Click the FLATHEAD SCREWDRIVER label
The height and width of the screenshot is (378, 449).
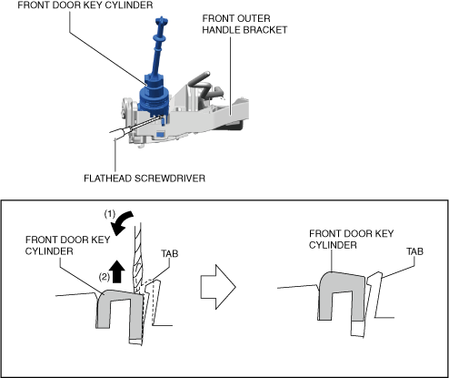(x=145, y=179)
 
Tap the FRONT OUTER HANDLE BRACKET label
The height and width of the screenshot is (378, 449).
(x=244, y=25)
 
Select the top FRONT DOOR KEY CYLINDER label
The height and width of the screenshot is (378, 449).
(x=85, y=5)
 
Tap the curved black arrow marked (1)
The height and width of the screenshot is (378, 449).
(x=121, y=223)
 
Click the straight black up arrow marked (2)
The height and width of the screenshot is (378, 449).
(x=118, y=271)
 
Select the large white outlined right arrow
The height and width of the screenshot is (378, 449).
(x=218, y=287)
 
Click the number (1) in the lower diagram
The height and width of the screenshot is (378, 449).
(x=110, y=214)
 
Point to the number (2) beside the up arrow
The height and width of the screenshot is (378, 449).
(x=105, y=277)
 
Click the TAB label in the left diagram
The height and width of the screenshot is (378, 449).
(x=170, y=253)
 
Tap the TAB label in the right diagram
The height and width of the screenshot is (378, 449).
(x=414, y=251)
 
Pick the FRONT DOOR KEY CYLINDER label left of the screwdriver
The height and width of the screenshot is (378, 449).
(x=67, y=246)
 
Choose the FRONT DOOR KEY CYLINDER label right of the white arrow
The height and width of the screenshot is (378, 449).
(x=352, y=240)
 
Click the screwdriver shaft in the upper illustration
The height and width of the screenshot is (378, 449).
(x=135, y=128)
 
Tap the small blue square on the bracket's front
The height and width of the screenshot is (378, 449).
(x=160, y=134)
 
